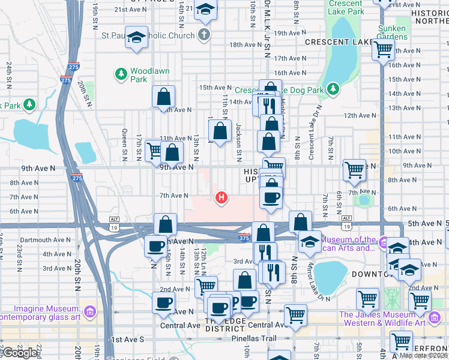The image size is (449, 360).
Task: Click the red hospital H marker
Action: pos(221,197)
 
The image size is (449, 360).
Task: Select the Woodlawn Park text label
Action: pos(150,75)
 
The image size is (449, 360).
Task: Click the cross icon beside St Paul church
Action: pos(204,35)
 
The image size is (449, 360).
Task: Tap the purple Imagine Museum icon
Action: pos(89,312)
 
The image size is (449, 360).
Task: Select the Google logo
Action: pos(20,353)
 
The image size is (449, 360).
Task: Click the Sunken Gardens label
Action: pos(393,32)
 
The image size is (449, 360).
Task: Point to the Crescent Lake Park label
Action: pos(355,7)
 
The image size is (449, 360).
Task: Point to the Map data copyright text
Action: pos(423,355)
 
